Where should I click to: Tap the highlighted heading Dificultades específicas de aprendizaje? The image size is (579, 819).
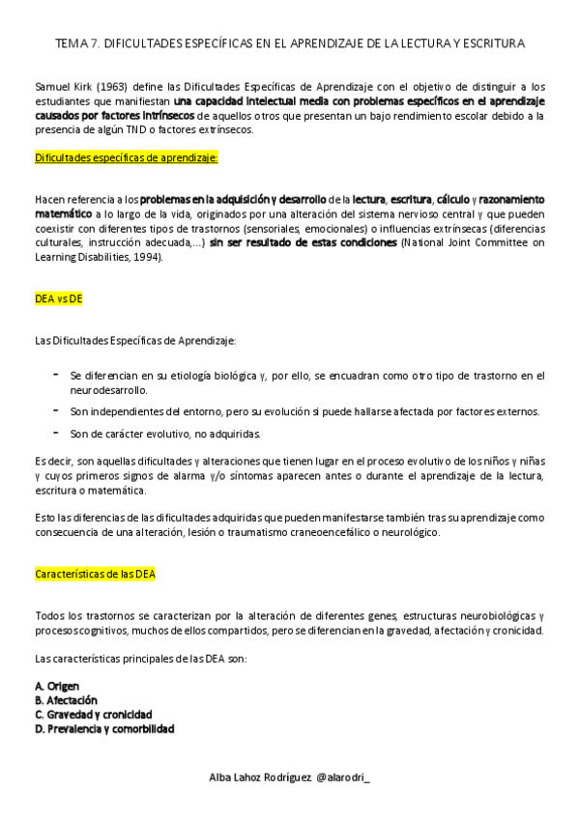[126, 156]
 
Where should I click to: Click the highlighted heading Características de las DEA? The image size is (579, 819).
[95, 574]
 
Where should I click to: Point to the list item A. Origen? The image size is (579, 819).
[56, 686]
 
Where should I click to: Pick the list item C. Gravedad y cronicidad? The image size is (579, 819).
[92, 715]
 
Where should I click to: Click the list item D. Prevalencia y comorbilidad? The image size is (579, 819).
[103, 729]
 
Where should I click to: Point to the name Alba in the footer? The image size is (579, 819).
[223, 778]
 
